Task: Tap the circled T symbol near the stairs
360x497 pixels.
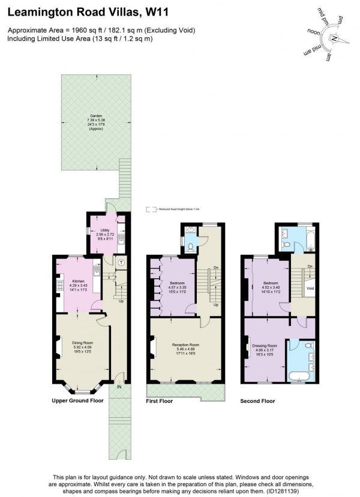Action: pyautogui.click(x=121, y=262)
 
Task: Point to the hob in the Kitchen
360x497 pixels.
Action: pyautogui.click(x=60, y=285)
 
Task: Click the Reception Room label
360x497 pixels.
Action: pyautogui.click(x=185, y=346)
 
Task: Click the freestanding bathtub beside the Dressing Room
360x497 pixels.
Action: pyautogui.click(x=301, y=375)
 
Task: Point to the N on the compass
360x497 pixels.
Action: pyautogui.click(x=335, y=39)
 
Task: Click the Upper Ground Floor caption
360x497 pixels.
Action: pyautogui.click(x=77, y=400)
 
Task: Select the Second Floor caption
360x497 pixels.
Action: pyautogui.click(x=257, y=400)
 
